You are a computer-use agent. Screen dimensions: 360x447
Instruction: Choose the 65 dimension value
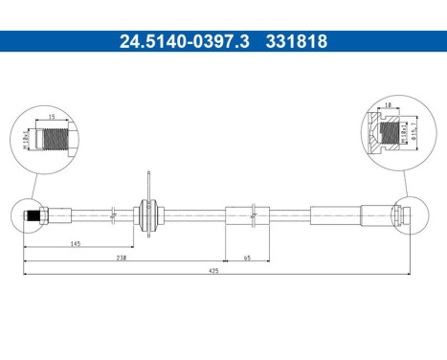coord(247,258)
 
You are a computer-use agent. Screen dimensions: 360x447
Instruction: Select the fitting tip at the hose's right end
coord(407,213)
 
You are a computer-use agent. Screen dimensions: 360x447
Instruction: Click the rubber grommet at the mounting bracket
coord(148,213)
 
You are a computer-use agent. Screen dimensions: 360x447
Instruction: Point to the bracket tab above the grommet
coord(148,182)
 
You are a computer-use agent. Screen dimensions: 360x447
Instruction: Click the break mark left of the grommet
coord(113,213)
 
